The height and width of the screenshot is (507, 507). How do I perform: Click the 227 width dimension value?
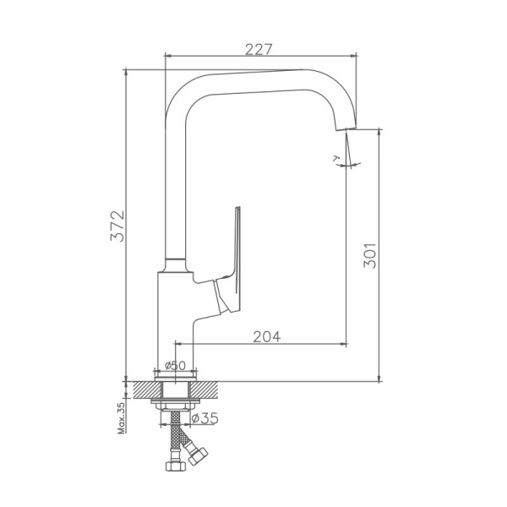pos(259,48)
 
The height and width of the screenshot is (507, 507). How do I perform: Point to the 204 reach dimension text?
pos(266,335)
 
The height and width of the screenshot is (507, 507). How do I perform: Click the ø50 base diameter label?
pos(175,366)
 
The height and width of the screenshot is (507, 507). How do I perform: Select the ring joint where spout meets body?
pos(174,259)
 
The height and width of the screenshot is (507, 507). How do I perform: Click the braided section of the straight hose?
pos(176,436)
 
